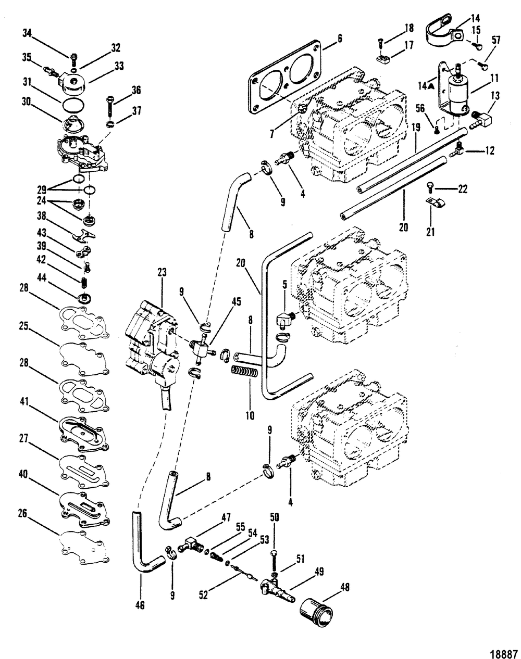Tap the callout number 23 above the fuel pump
(x=162, y=272)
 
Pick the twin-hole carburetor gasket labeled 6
(x=285, y=77)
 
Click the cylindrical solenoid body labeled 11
(x=460, y=96)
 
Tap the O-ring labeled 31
(x=73, y=106)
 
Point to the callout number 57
(x=494, y=40)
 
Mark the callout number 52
(x=203, y=594)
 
